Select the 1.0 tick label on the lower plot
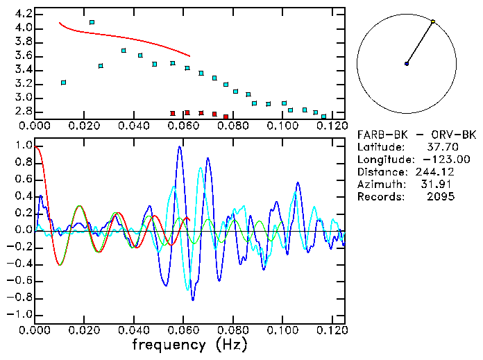coord(22,146)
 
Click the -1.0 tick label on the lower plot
coord(19,314)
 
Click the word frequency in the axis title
coord(169,345)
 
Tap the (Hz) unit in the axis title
coord(230,345)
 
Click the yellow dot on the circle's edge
coord(433,22)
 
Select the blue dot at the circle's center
coord(407,64)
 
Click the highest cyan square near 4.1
coord(92,22)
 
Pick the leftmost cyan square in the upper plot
coord(63,83)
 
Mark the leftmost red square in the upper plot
coord(173,113)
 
